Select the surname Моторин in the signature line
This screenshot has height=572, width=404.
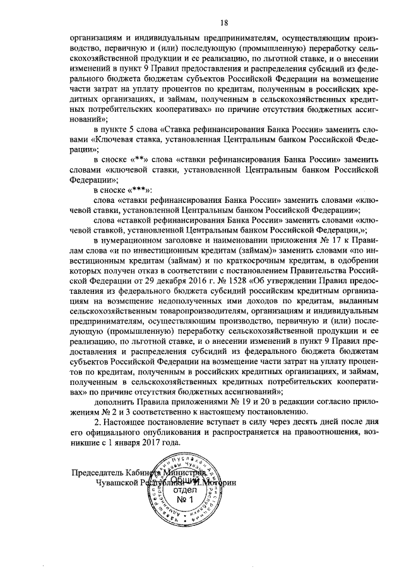221,483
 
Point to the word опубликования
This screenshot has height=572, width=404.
160,416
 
